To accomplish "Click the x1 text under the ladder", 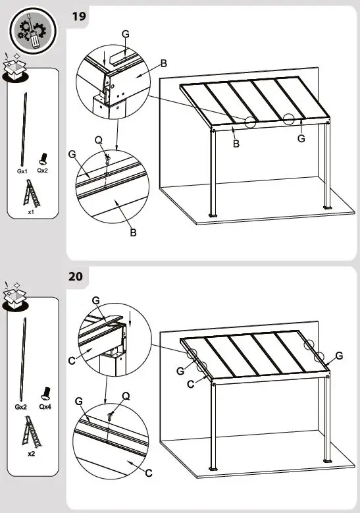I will (x=31, y=213).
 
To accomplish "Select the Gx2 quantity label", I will (x=21, y=407).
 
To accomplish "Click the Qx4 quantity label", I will (x=45, y=407).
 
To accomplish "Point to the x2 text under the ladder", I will (x=31, y=454).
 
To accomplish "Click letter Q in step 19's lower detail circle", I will (x=98, y=140).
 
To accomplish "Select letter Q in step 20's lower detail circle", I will (x=126, y=396).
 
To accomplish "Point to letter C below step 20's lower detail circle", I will (x=148, y=472).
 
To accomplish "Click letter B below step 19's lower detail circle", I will (x=132, y=232).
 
